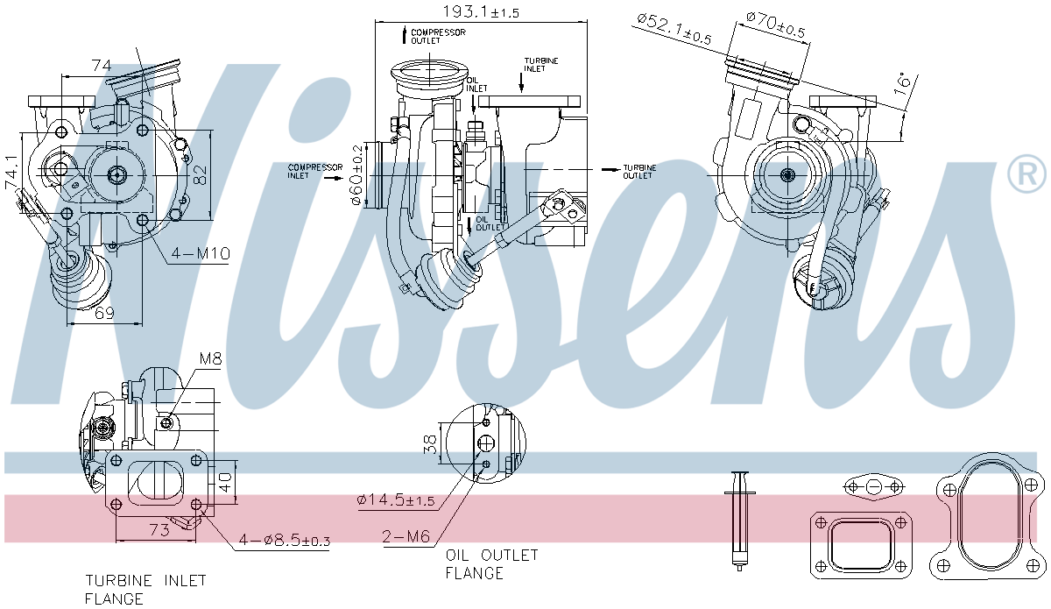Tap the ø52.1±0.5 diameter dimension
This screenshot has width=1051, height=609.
click(x=674, y=28)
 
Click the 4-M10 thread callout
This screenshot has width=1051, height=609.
click(x=200, y=254)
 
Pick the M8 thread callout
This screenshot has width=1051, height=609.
click(x=211, y=359)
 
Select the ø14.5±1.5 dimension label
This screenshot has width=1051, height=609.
click(x=396, y=500)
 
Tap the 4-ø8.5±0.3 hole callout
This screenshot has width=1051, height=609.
click(x=284, y=542)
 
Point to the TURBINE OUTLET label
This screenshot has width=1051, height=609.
click(x=638, y=171)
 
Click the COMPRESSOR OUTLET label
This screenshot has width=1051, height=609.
click(x=438, y=36)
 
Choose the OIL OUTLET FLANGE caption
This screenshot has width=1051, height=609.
click(x=491, y=564)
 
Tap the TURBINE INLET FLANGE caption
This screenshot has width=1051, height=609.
click(x=145, y=590)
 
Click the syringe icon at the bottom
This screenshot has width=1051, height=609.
click(x=740, y=520)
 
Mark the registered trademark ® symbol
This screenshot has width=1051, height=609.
click(x=1026, y=173)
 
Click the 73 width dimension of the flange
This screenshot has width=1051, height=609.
click(x=158, y=530)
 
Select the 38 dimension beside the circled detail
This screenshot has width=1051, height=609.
click(x=430, y=445)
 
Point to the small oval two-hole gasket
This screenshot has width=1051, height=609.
click(x=874, y=487)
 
